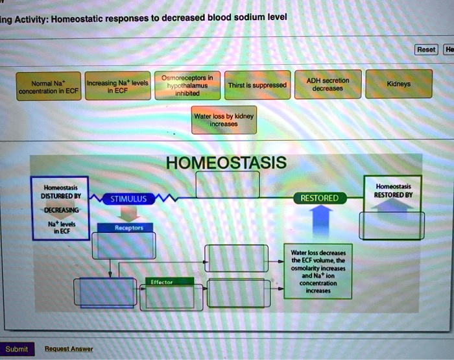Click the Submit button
pyautogui.click(x=16, y=349)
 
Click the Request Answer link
pyautogui.click(x=68, y=349)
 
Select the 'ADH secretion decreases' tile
pyautogui.click(x=327, y=84)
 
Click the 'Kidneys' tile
pyautogui.click(x=398, y=84)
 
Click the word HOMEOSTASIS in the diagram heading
pyautogui.click(x=226, y=162)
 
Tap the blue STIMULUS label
pyautogui.click(x=128, y=198)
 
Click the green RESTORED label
pyautogui.click(x=320, y=198)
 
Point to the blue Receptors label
pyautogui.click(x=125, y=228)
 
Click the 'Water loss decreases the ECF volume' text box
pyautogui.click(x=318, y=271)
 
